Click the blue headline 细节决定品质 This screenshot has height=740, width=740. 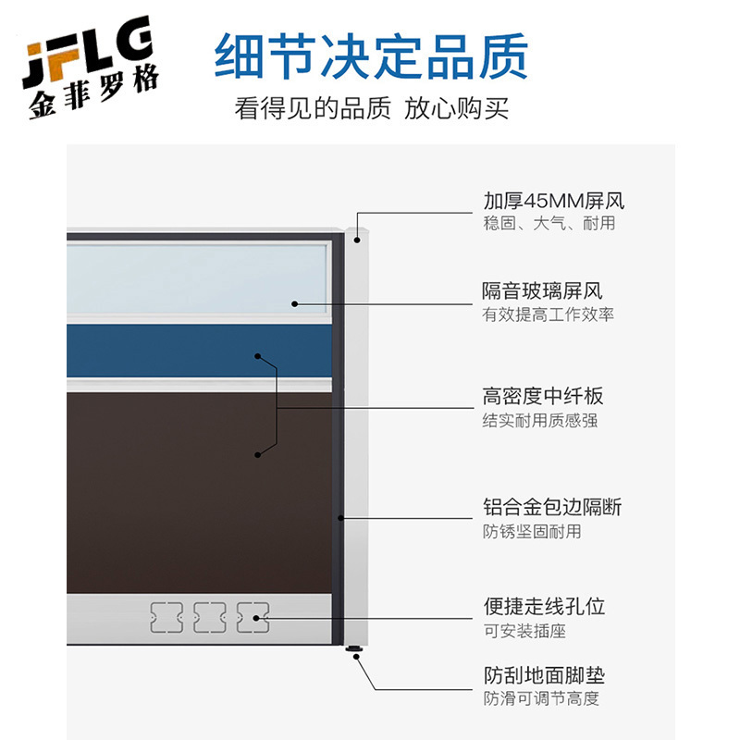coord(371,56)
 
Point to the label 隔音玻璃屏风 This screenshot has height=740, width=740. coord(542,291)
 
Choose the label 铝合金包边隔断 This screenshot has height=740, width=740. coord(552,507)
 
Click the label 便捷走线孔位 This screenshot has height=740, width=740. coord(544,607)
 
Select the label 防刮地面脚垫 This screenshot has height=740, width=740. coord(544,675)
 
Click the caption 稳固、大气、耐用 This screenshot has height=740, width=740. coord(549,224)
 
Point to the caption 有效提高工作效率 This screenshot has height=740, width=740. coord(548,314)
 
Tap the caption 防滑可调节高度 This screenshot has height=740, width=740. coord(540,698)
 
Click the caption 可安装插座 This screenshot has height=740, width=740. coord(524,631)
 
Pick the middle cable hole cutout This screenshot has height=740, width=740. coord(210,617)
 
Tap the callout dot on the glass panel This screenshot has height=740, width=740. coord(295,303)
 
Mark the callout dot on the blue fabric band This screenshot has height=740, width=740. coord(258,356)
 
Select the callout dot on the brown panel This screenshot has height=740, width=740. coord(258,454)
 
